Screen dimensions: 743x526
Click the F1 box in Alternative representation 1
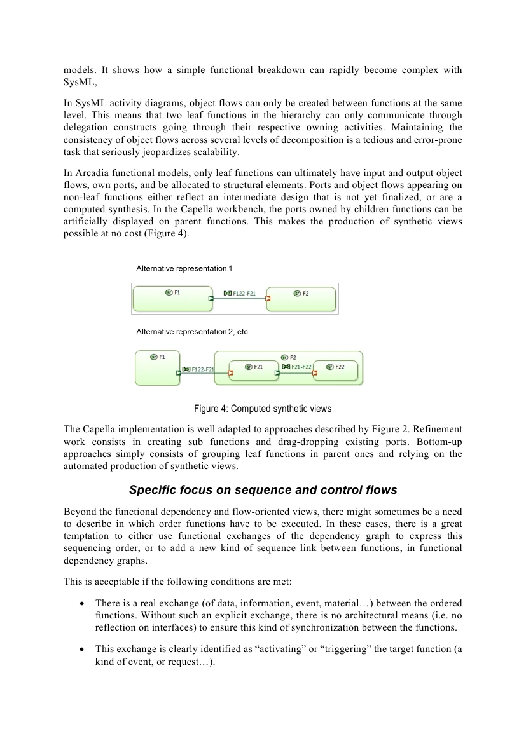point(172,299)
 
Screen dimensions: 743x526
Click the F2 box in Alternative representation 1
point(301,299)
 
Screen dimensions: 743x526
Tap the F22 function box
point(335,370)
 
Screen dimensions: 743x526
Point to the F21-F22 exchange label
point(297,367)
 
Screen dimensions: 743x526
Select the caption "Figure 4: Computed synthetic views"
point(263,408)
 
